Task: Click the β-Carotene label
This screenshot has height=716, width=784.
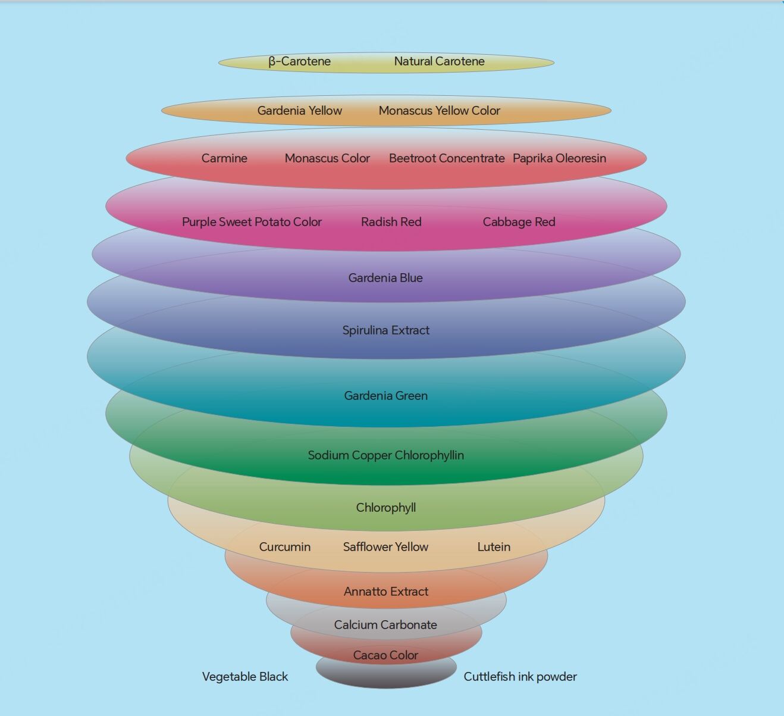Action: [299, 61]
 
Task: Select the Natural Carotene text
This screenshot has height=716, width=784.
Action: [439, 61]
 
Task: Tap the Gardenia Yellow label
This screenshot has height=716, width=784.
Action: [299, 111]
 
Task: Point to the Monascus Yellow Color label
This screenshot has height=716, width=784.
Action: [439, 111]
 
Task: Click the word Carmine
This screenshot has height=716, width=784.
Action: [224, 158]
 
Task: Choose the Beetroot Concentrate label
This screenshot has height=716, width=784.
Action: [447, 158]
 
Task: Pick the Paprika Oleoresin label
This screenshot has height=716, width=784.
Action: [559, 158]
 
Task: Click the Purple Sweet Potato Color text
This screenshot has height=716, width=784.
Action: [252, 222]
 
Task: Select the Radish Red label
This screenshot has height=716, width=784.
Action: [391, 222]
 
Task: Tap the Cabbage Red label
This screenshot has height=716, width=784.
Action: [519, 222]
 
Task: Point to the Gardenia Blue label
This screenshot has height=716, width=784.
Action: [385, 278]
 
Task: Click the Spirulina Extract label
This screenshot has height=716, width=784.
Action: [385, 330]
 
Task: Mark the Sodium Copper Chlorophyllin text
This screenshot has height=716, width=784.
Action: [385, 455]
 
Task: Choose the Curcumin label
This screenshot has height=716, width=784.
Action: [285, 547]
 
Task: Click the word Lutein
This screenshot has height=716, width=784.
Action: [494, 547]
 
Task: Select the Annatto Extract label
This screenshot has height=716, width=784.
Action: [385, 592]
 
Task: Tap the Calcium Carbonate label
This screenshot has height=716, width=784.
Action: [385, 625]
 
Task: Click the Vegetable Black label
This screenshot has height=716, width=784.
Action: [245, 677]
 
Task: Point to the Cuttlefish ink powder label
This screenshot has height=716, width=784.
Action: [520, 677]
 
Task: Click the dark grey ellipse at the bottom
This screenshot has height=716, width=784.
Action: [386, 676]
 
